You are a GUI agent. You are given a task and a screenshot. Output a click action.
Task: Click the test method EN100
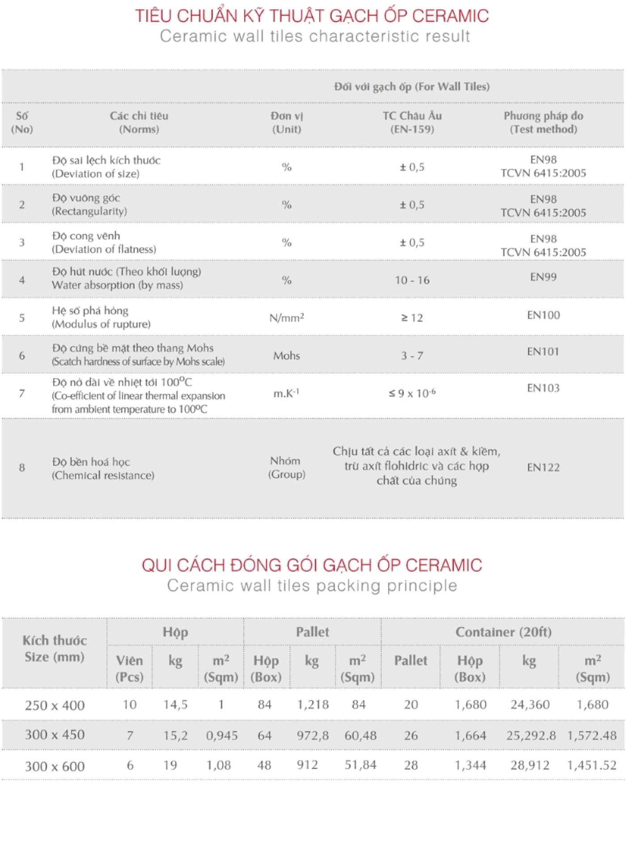pyautogui.click(x=543, y=315)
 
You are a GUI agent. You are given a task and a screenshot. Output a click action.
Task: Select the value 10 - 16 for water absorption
pyautogui.click(x=412, y=280)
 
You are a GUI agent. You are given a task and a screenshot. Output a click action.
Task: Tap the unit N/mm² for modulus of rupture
pyautogui.click(x=287, y=318)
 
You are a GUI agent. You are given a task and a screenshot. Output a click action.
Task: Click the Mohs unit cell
pyautogui.click(x=287, y=356)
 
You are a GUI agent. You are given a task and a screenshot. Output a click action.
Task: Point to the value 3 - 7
pyautogui.click(x=412, y=356)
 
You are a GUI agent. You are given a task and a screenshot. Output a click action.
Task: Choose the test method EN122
pyautogui.click(x=543, y=467)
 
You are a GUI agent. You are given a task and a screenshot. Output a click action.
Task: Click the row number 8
pyautogui.click(x=22, y=467)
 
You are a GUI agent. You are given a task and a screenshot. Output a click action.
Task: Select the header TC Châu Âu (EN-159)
pyautogui.click(x=412, y=123)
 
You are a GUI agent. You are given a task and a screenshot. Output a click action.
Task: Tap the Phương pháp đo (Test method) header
pyautogui.click(x=543, y=123)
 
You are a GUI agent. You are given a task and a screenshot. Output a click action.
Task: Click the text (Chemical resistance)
pyautogui.click(x=103, y=475)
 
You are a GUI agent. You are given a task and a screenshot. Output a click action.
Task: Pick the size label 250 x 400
pyautogui.click(x=55, y=705)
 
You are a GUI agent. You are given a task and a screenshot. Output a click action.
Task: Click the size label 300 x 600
pyautogui.click(x=55, y=766)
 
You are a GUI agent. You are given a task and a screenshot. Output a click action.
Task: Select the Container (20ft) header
pyautogui.click(x=503, y=632)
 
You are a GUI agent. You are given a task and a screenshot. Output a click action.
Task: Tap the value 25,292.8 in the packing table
pyautogui.click(x=531, y=735)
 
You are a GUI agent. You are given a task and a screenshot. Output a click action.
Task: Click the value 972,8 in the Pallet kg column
pyautogui.click(x=313, y=735)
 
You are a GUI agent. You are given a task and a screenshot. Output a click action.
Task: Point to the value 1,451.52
pyautogui.click(x=592, y=765)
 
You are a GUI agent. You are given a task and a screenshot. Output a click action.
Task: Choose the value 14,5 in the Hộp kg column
pyautogui.click(x=175, y=705)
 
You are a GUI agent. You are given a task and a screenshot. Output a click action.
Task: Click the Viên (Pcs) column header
pyautogui.click(x=130, y=668)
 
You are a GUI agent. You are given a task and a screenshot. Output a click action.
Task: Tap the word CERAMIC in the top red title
pyautogui.click(x=450, y=16)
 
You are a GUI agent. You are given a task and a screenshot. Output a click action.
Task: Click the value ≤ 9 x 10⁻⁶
pyautogui.click(x=412, y=393)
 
